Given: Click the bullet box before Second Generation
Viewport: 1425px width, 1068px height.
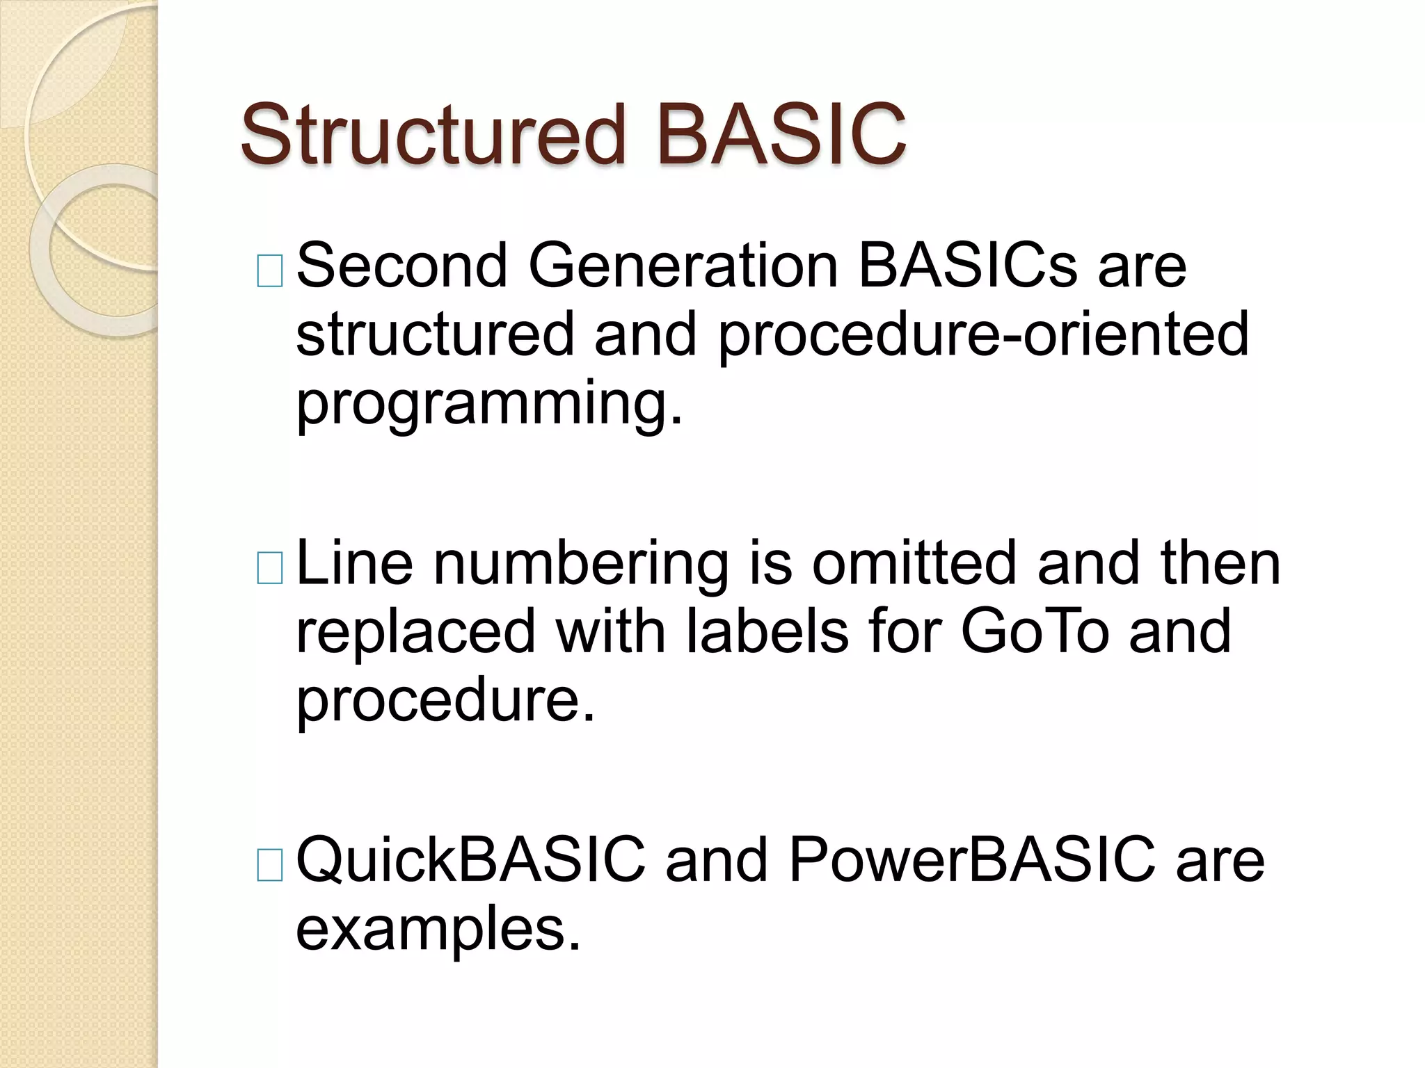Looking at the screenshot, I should (x=270, y=271).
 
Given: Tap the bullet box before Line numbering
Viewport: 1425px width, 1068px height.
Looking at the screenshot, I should (x=270, y=568).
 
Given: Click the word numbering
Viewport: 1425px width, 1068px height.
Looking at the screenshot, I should (x=581, y=564).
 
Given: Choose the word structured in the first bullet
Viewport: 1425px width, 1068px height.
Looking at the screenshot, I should (x=435, y=334).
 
